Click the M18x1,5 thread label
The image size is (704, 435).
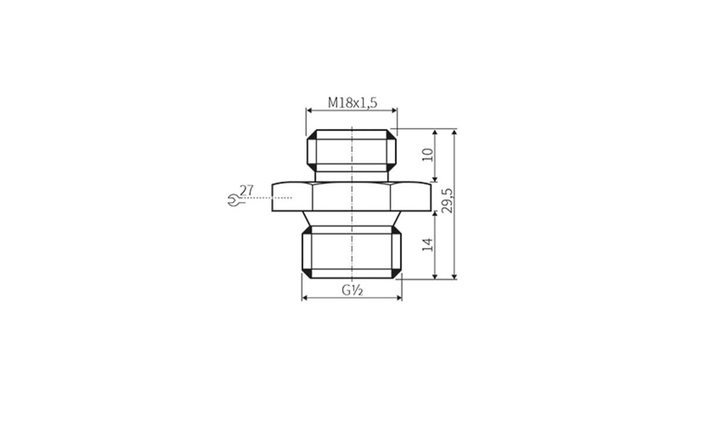tap(352, 103)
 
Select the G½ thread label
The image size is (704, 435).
tap(351, 290)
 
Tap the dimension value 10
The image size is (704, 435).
tap(428, 154)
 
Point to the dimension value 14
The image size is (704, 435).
tap(428, 244)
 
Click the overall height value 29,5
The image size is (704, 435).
tap(447, 201)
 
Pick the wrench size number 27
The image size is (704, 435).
tap(246, 190)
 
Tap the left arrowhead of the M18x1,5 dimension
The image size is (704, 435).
tap(309, 109)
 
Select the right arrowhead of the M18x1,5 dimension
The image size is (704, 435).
tap(394, 109)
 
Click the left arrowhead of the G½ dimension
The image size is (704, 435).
tap(304, 298)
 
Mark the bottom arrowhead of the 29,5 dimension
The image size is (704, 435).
tap(455, 276)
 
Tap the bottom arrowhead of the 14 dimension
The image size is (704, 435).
tap(435, 276)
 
